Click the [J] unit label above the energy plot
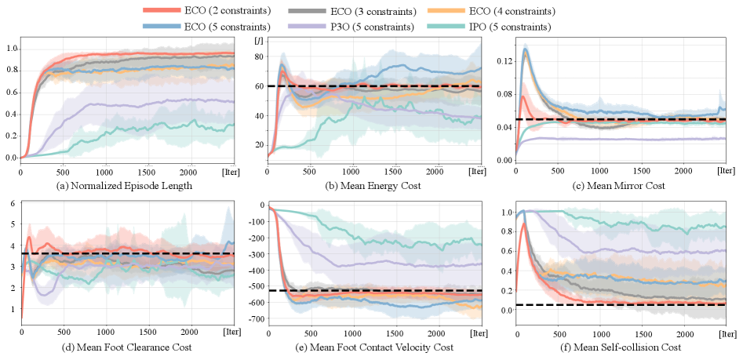click(259, 39)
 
